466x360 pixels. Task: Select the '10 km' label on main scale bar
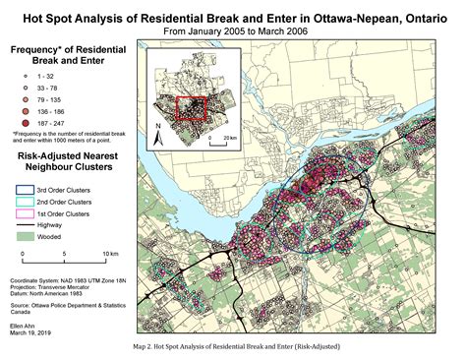click(x=110, y=253)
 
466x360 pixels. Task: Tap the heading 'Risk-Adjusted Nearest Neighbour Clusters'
click(x=66, y=162)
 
